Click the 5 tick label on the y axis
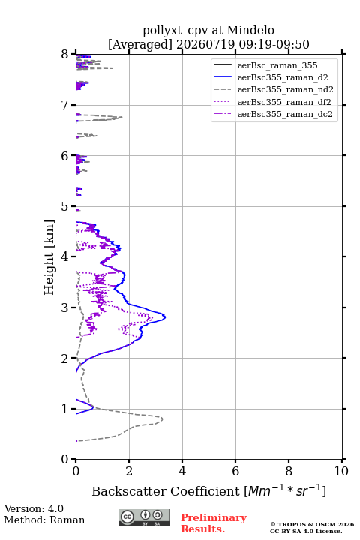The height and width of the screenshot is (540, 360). click(x=65, y=207)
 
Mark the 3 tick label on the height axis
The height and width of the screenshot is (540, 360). click(x=65, y=307)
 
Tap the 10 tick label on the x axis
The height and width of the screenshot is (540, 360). click(x=341, y=471)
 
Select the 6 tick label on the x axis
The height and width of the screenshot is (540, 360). click(x=235, y=471)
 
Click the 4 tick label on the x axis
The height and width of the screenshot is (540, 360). click(x=182, y=471)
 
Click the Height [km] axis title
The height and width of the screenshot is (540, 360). click(x=49, y=257)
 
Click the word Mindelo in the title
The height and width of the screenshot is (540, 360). click(x=250, y=30)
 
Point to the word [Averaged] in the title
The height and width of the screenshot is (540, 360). click(x=140, y=45)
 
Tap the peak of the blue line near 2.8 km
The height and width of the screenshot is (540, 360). click(x=165, y=316)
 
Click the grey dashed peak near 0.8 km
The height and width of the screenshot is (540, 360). click(x=162, y=419)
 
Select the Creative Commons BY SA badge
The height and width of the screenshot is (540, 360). click(x=144, y=517)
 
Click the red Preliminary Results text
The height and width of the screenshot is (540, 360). click(x=214, y=523)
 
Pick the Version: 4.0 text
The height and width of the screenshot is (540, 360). click(x=34, y=508)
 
